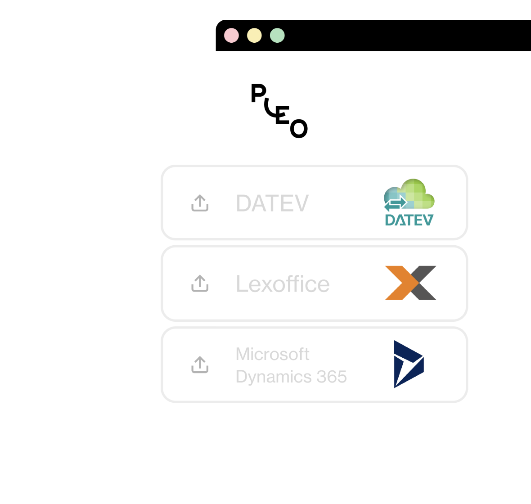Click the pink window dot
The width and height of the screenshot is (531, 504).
(231, 36)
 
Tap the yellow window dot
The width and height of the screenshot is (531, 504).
(254, 36)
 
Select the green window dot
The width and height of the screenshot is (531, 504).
(277, 36)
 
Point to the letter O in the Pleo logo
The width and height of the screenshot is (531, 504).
(299, 129)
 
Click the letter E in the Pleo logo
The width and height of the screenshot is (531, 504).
(282, 115)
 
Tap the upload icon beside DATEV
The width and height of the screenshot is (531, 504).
(200, 203)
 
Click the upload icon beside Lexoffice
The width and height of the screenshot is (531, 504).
(200, 283)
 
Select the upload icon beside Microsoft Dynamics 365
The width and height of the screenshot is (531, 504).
(200, 364)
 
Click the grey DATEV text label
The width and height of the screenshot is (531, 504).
(272, 203)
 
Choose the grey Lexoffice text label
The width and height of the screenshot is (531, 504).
(283, 284)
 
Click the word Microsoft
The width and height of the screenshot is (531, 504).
(272, 354)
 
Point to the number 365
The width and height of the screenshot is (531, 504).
(332, 377)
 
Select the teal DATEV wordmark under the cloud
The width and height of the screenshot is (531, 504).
(409, 220)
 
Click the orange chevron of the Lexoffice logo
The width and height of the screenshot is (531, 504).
(399, 283)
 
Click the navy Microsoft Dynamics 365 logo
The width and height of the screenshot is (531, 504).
(408, 364)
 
